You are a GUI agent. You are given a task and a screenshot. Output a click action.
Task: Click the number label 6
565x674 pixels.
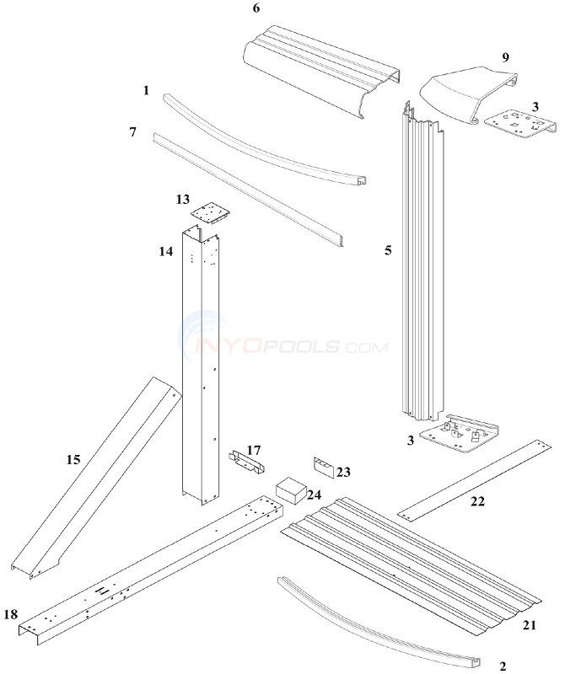tap(256, 9)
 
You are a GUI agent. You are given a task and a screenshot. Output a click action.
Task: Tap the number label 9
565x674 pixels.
tap(505, 57)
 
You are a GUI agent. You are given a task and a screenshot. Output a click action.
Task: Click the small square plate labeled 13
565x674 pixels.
tap(210, 211)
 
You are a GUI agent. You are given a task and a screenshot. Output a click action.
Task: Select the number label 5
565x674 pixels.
tap(388, 250)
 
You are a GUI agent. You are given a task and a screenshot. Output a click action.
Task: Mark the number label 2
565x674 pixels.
tap(503, 666)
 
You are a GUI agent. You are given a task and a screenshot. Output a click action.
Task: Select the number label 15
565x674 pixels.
tap(73, 459)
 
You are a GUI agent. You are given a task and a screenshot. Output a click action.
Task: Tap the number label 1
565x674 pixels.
tap(146, 90)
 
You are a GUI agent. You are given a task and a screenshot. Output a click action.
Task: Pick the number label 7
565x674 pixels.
tap(133, 133)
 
